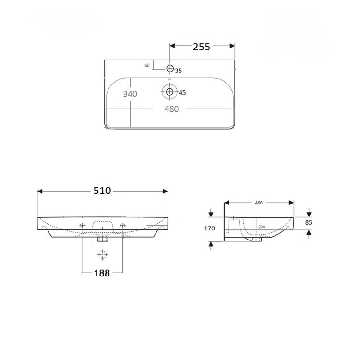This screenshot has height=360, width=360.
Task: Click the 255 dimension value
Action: coord(202,47)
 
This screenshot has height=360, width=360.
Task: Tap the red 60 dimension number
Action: coord(147,65)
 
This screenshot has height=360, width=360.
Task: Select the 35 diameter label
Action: coord(179,71)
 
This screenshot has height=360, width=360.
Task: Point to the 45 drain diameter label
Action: coord(182,92)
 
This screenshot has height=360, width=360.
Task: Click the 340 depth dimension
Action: coord(130,94)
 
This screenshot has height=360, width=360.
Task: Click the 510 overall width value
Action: coord(102,191)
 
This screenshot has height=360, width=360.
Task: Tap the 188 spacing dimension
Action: coord(102,273)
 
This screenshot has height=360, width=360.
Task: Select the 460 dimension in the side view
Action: coord(258,203)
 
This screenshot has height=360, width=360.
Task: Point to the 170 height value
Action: coord(209,228)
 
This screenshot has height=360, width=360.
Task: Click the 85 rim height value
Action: coord(309,222)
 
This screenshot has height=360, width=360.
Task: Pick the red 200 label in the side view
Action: coord(261,227)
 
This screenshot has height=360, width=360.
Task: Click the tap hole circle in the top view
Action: coord(170,68)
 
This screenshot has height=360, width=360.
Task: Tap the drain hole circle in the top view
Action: coord(169,91)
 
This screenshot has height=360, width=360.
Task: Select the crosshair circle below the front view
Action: coord(102,254)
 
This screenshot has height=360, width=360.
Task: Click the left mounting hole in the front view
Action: coord(83,225)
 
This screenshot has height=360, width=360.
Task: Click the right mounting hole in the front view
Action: coord(122,225)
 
